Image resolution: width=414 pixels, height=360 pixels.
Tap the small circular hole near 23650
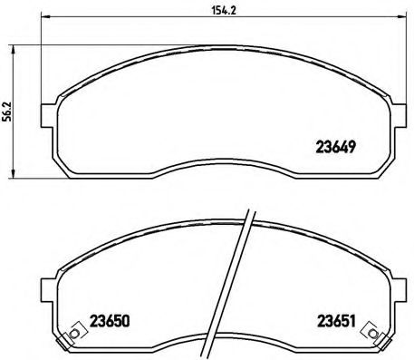73,336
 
